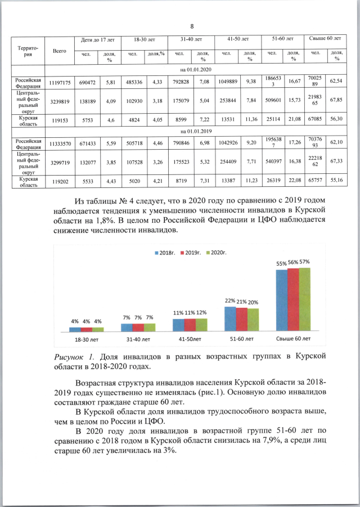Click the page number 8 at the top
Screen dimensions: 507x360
192,26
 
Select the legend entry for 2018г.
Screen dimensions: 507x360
166,254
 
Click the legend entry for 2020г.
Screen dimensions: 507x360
217,254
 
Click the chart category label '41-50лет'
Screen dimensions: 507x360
190,339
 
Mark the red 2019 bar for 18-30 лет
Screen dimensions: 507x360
86,329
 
